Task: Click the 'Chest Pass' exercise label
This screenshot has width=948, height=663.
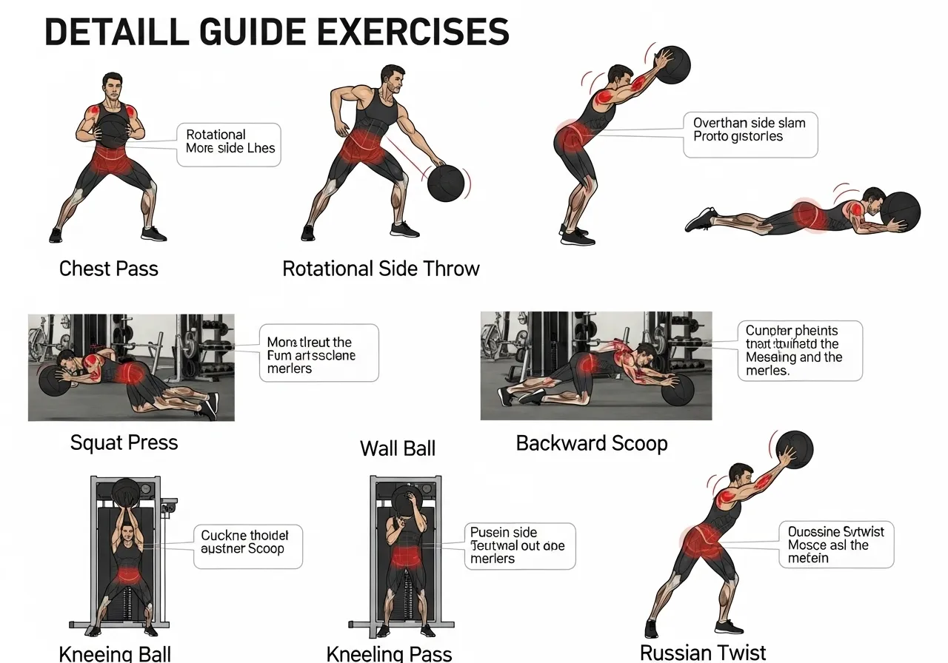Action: [109, 268]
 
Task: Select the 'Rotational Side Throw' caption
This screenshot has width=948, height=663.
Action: [381, 269]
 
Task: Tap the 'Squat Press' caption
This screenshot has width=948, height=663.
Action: [124, 442]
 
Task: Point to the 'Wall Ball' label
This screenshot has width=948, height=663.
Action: [398, 448]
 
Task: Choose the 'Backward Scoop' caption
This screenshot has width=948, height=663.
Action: [592, 443]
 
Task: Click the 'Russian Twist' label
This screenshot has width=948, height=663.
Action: [703, 652]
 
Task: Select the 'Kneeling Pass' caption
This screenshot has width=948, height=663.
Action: [389, 653]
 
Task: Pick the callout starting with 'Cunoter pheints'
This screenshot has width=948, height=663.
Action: [800, 351]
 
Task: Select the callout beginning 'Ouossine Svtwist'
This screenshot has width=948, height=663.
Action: [836, 544]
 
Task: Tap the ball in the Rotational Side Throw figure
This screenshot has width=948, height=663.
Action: [446, 183]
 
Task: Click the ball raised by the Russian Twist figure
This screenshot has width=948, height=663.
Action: [794, 449]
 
